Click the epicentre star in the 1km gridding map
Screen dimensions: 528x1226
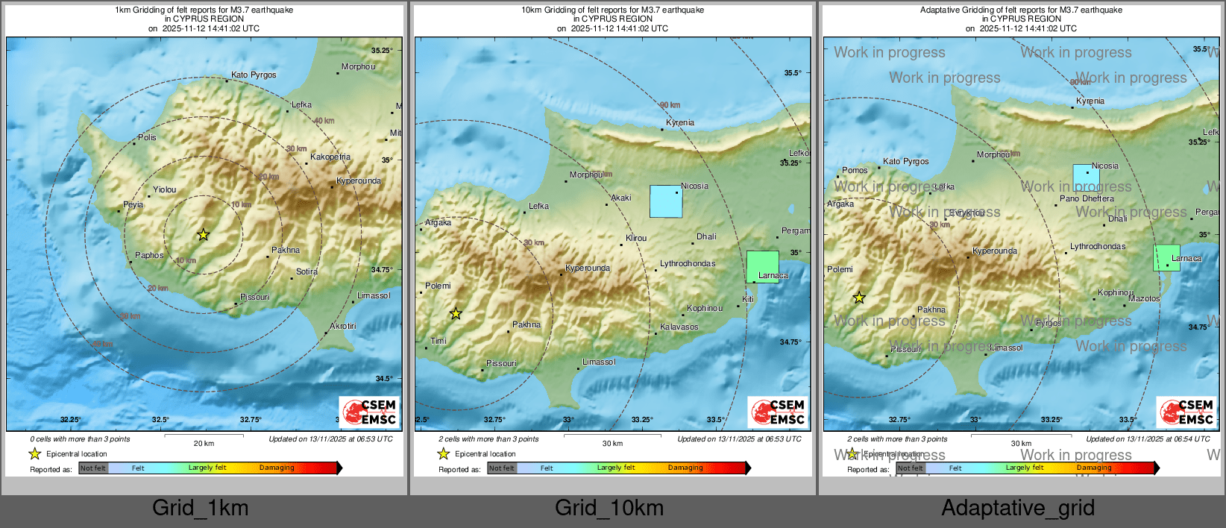(203, 235)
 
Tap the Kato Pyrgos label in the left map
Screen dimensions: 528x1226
(254, 75)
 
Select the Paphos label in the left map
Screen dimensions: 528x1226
(149, 255)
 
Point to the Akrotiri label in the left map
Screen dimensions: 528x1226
(343, 326)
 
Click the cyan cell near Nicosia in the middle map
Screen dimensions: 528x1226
(666, 201)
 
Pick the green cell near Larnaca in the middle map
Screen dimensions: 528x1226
(762, 266)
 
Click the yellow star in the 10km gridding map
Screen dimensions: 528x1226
(456, 314)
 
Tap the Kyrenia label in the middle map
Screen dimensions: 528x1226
(680, 122)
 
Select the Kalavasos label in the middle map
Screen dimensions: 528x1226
(679, 327)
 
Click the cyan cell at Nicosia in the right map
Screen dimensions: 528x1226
(1086, 178)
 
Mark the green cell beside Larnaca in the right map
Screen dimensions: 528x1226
(1166, 257)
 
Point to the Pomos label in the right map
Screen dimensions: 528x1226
(855, 170)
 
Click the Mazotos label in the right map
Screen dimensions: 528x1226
(1144, 298)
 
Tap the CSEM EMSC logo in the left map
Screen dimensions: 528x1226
(370, 412)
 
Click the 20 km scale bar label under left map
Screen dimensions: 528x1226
(204, 443)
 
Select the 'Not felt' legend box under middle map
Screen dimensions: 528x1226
(502, 468)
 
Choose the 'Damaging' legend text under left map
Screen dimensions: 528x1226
(277, 468)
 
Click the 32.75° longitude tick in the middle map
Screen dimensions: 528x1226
(494, 420)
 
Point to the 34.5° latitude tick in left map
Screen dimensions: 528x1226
(383, 379)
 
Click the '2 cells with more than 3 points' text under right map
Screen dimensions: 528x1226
(897, 439)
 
